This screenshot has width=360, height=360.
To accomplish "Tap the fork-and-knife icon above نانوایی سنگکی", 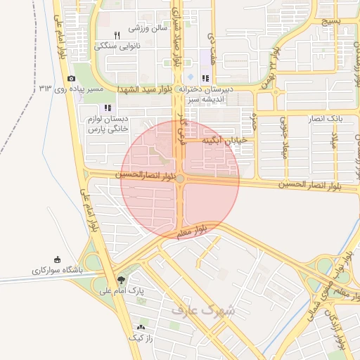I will click(x=117, y=34).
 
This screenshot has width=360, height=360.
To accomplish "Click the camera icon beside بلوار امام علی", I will click(x=71, y=79).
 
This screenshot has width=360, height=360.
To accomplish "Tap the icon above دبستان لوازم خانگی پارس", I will click(x=108, y=108).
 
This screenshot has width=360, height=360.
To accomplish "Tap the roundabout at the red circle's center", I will click(x=180, y=179).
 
